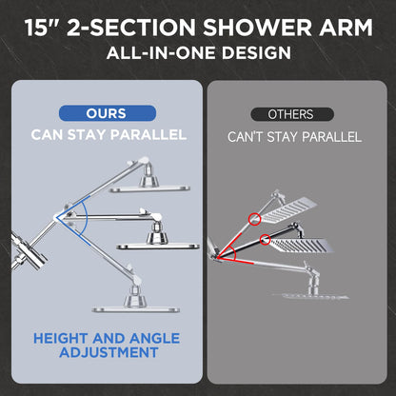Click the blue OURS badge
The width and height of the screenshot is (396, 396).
[106, 113]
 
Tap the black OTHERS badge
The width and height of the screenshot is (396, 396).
[290, 114]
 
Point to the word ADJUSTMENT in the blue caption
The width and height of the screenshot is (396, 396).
[108, 353]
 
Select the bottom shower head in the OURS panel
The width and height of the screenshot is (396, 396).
[136, 307]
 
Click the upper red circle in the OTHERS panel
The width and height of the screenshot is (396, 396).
[256, 219]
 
